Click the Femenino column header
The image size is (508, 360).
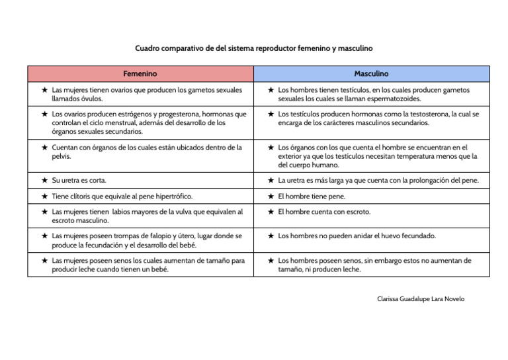140,73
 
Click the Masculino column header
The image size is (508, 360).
371,73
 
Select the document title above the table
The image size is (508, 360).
254,48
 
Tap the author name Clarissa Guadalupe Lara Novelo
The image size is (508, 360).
420,299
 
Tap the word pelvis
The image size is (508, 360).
62,156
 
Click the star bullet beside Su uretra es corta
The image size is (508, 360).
44,180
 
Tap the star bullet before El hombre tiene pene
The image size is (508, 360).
271,197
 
